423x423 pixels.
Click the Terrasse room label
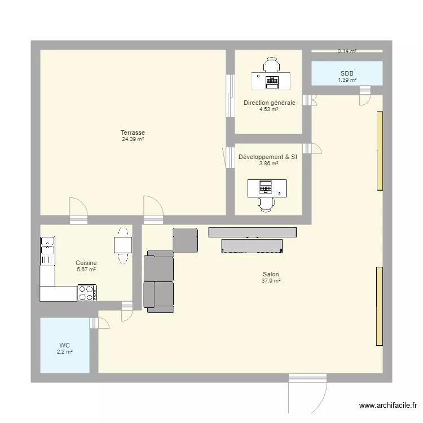(x=133, y=133)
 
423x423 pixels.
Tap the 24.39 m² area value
(x=133, y=139)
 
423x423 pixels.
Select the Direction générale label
(x=269, y=103)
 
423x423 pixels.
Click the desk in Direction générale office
(x=271, y=81)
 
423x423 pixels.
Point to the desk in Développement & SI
(x=267, y=188)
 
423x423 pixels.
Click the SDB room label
(x=347, y=73)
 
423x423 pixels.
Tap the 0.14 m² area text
(x=347, y=51)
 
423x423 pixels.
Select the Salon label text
(x=271, y=275)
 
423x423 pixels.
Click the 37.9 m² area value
(x=271, y=281)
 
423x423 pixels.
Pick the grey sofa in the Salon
(x=159, y=281)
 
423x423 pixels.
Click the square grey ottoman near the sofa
(x=185, y=240)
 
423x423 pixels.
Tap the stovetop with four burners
(x=87, y=293)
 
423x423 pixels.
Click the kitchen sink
(x=47, y=251)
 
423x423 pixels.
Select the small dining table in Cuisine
(x=122, y=245)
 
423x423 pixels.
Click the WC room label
(x=64, y=346)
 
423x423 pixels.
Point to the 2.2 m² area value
(x=64, y=352)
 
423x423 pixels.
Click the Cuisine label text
(x=86, y=263)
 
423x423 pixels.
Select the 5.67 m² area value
(x=86, y=270)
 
